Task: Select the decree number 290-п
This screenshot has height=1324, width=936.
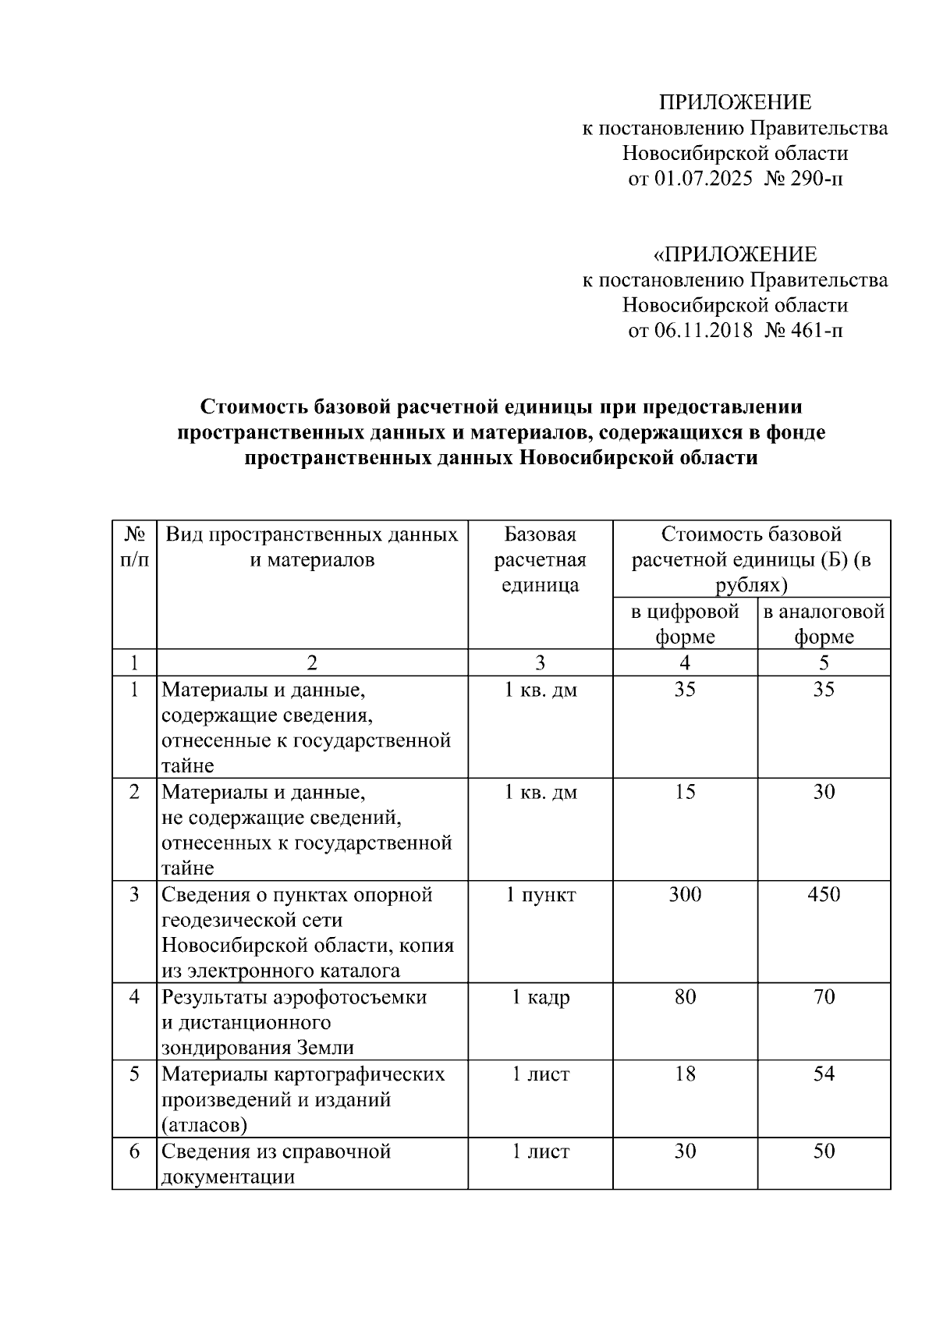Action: (817, 179)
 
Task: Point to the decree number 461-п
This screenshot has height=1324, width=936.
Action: (817, 331)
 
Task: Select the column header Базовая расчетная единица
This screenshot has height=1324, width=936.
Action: (540, 559)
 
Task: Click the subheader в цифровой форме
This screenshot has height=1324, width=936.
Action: (685, 623)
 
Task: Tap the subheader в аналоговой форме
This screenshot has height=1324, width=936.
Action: (824, 623)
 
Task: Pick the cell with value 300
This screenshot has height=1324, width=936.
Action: (685, 894)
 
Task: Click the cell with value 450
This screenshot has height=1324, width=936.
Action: (824, 894)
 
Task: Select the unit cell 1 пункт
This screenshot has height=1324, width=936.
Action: (540, 895)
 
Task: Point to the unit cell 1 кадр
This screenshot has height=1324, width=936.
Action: (540, 997)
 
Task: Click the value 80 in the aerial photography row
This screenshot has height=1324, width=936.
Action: (685, 997)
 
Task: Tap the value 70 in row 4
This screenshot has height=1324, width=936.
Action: (824, 997)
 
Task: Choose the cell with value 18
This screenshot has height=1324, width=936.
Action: (685, 1074)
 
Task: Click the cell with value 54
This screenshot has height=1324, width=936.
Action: (824, 1074)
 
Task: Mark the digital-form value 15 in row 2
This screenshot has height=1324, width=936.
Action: (685, 792)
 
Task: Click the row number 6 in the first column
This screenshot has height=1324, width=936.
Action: (134, 1152)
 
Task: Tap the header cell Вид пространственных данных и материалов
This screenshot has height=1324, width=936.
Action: (312, 547)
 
